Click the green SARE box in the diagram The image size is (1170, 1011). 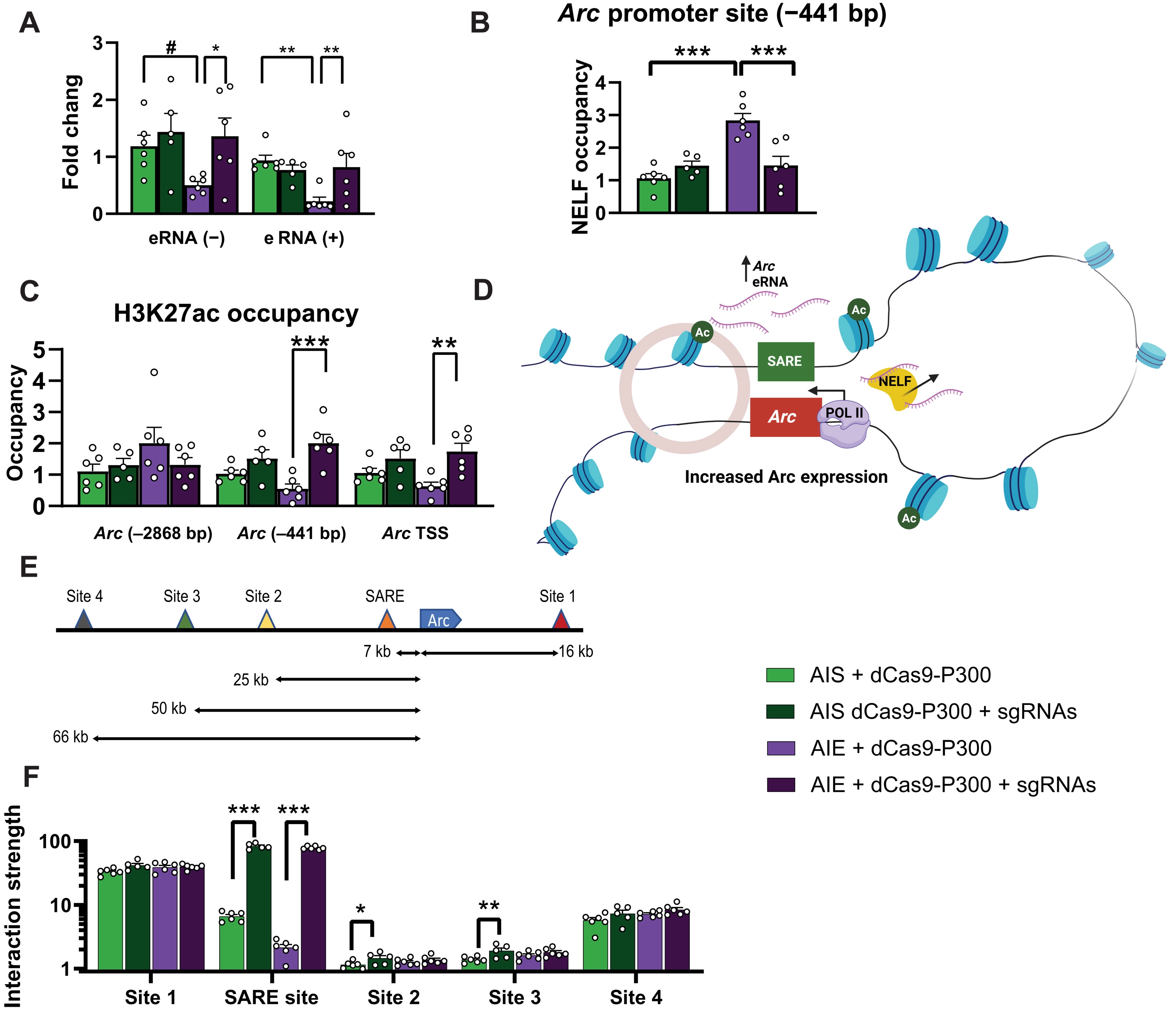coord(785,361)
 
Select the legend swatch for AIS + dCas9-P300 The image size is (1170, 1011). coord(780,675)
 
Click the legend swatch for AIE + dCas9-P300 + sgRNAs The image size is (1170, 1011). coord(780,784)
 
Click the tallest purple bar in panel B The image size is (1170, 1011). coord(743,166)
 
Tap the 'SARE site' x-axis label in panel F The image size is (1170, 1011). coord(271,997)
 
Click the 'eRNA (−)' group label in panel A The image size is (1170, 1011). coord(186,238)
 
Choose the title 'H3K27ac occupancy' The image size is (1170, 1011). coord(236,314)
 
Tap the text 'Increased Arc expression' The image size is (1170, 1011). coord(786,477)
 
